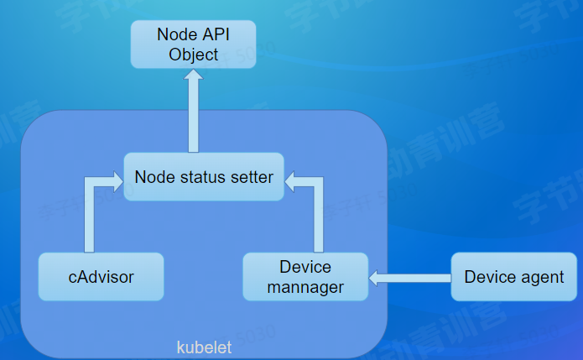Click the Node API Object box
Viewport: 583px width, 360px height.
click(193, 45)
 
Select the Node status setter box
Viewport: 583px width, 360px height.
click(204, 177)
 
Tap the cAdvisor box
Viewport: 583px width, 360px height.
click(102, 276)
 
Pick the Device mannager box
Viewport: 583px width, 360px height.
click(305, 276)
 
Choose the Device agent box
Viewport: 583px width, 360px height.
click(514, 276)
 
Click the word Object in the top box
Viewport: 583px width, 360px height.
click(193, 55)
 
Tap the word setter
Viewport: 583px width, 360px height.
click(250, 177)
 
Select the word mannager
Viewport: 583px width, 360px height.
click(305, 287)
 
